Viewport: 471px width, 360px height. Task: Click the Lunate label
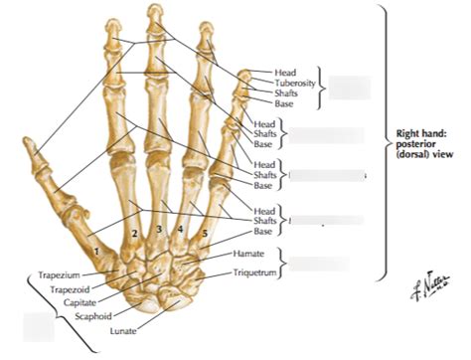pos(123,330)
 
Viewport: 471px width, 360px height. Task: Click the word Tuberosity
pos(294,83)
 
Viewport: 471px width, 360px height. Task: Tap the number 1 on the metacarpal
pos(97,253)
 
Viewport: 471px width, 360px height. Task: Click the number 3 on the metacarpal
pos(159,231)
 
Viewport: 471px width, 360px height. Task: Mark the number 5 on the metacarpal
pos(205,236)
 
